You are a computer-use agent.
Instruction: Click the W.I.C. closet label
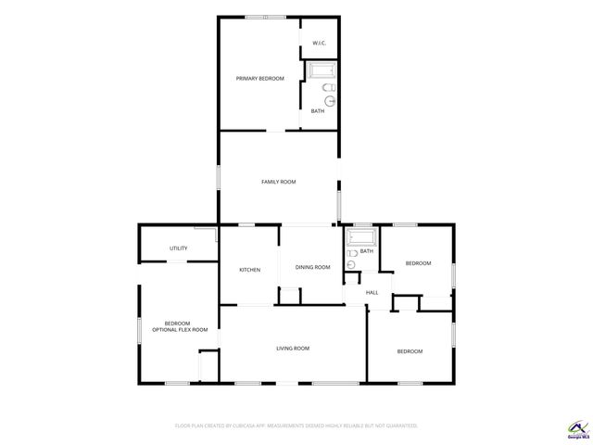pos(319,44)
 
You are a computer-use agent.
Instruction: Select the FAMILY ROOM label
pos(278,182)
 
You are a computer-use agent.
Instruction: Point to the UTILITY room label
pos(179,248)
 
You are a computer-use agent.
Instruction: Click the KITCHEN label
pos(250,270)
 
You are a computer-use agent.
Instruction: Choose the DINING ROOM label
pos(312,268)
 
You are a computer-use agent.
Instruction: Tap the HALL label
pos(372,293)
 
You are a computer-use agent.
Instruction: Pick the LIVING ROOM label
pos(293,349)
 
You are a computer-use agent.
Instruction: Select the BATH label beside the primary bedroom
pos(318,111)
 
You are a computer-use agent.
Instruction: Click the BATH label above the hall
pos(367,251)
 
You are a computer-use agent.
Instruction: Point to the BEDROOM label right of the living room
pos(410,351)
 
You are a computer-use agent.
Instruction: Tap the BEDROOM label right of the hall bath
pos(418,263)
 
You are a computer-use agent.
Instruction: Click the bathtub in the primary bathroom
pos(322,71)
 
